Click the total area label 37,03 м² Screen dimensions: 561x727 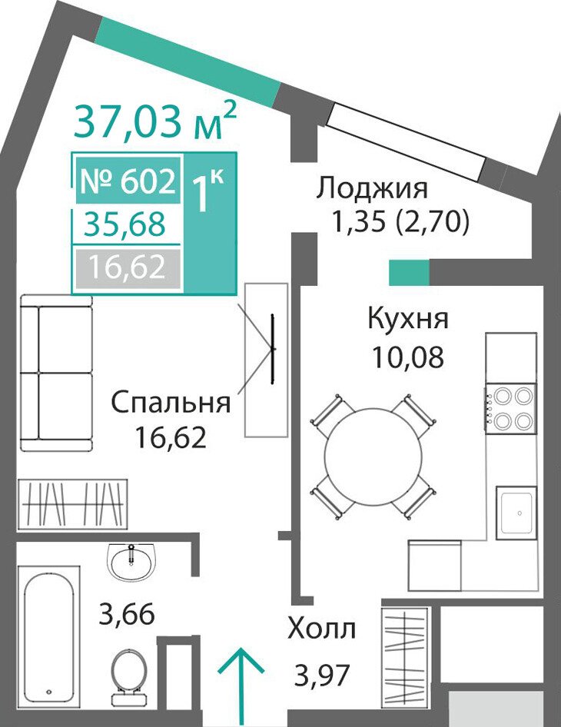[x=155, y=121]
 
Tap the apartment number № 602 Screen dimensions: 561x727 [x=128, y=181]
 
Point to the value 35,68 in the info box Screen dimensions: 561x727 [x=124, y=225]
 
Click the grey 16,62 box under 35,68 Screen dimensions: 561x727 [x=128, y=267]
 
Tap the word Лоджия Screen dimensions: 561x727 [x=371, y=190]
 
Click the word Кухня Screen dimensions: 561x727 [x=408, y=319]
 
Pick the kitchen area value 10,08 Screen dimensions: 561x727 [x=408, y=357]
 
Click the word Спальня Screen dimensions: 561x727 [x=171, y=403]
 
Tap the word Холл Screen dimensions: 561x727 [x=322, y=629]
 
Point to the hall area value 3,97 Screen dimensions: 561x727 [x=321, y=675]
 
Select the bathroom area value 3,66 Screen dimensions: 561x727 [x=127, y=615]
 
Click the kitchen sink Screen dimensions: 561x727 [x=516, y=513]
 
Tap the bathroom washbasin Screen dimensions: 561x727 [x=131, y=560]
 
